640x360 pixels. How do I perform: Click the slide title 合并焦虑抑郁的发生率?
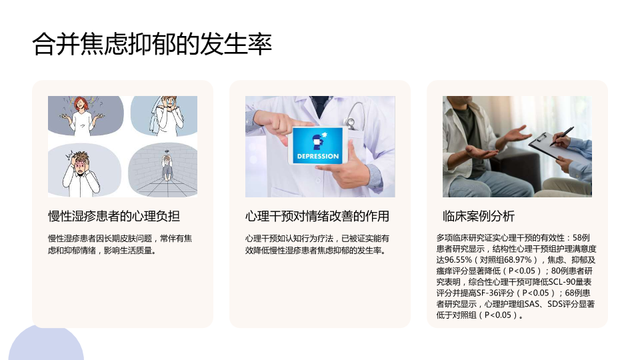tap(152, 44)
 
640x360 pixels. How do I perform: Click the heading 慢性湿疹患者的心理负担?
tap(114, 216)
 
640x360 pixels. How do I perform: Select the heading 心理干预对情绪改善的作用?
tap(317, 216)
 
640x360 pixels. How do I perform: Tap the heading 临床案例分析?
tap(479, 216)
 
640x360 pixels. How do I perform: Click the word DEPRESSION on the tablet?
tap(318, 156)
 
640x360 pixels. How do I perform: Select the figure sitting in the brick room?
tap(167, 167)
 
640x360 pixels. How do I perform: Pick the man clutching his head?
tap(81, 173)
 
